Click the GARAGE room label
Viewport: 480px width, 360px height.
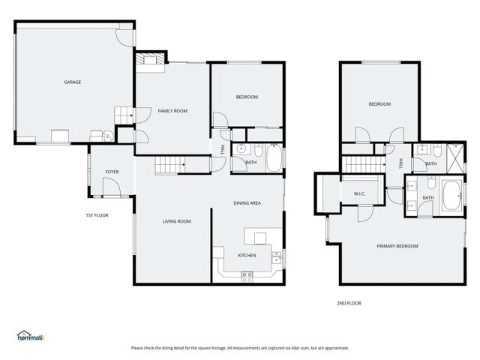pyautogui.click(x=72, y=82)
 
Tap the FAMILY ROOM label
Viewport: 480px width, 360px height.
pyautogui.click(x=172, y=111)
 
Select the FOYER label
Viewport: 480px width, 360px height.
pyautogui.click(x=112, y=172)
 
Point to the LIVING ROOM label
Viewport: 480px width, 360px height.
pyautogui.click(x=178, y=221)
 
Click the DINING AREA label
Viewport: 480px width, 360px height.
pyautogui.click(x=247, y=203)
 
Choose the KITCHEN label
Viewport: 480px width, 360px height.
pyautogui.click(x=247, y=255)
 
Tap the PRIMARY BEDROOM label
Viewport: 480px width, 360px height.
pyautogui.click(x=397, y=246)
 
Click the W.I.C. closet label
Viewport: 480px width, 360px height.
pyautogui.click(x=359, y=195)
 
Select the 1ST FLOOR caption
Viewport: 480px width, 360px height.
pyautogui.click(x=97, y=215)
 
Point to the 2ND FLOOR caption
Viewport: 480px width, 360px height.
pyautogui.click(x=349, y=303)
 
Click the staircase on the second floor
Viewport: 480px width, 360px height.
pyautogui.click(x=362, y=165)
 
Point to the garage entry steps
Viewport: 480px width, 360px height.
pyautogui.click(x=122, y=114)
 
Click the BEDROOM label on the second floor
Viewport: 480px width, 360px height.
pyautogui.click(x=379, y=104)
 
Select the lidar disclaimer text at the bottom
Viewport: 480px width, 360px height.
pyautogui.click(x=240, y=348)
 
